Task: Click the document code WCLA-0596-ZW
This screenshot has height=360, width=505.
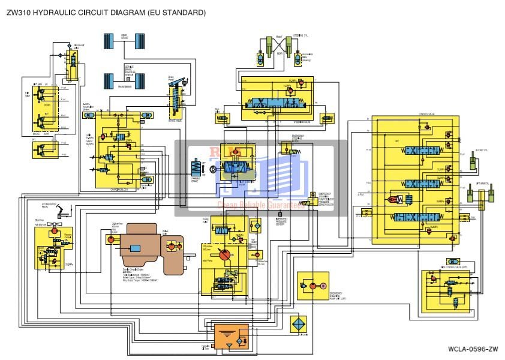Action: (x=473, y=349)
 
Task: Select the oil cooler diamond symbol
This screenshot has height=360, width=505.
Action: (x=297, y=323)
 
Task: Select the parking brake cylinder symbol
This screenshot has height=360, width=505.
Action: (x=198, y=167)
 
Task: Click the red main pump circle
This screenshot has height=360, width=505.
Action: (x=224, y=255)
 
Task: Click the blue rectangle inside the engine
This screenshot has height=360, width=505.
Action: (x=135, y=248)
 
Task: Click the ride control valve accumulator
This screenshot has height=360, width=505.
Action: (x=453, y=262)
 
